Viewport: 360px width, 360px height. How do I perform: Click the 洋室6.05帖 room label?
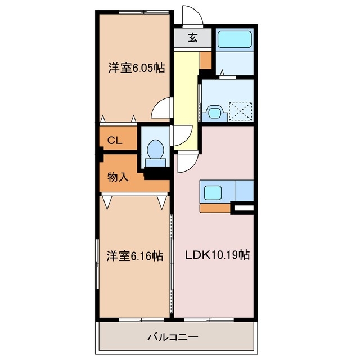pos(136,68)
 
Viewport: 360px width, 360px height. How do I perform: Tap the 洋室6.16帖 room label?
pos(135,256)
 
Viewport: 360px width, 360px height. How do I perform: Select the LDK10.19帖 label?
pos(218,255)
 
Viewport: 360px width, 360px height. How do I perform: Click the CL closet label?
pos(115,141)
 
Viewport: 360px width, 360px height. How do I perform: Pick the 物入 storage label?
pos(118,177)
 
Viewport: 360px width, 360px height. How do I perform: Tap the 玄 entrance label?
pos(192,38)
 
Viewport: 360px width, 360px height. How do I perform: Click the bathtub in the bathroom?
pos(235,39)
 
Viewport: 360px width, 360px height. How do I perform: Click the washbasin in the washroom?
pos(214,111)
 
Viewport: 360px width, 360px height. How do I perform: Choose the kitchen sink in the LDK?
pos(213,192)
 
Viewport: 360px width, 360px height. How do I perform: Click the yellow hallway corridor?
pos(186,96)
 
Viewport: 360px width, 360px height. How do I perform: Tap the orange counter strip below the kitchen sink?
pos(215,208)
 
